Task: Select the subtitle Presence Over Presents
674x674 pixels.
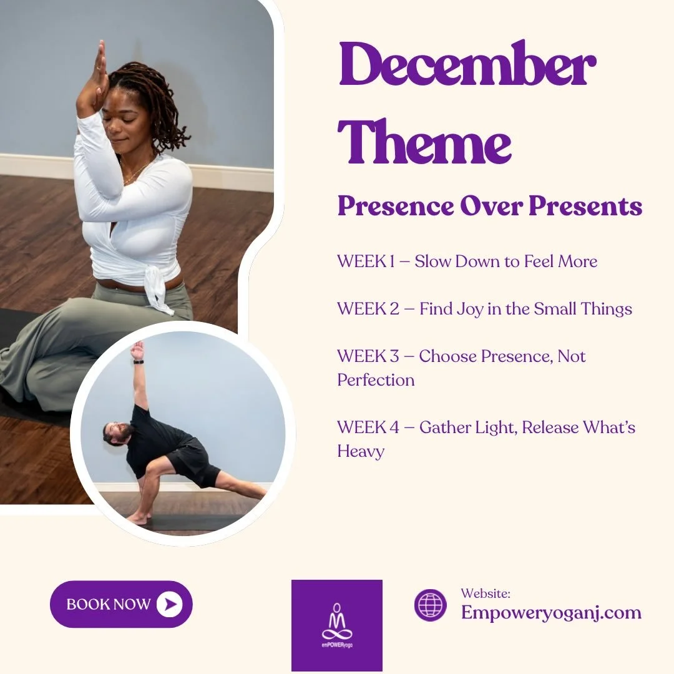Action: (x=489, y=207)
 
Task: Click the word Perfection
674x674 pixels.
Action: (x=376, y=379)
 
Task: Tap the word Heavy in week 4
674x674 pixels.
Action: (x=361, y=451)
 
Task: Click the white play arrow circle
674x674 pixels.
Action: (x=170, y=603)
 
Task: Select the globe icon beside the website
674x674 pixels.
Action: (x=431, y=605)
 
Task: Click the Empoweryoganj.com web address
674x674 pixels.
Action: (x=551, y=612)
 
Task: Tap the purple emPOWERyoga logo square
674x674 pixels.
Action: (x=337, y=625)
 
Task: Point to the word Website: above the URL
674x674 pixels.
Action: (x=486, y=593)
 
